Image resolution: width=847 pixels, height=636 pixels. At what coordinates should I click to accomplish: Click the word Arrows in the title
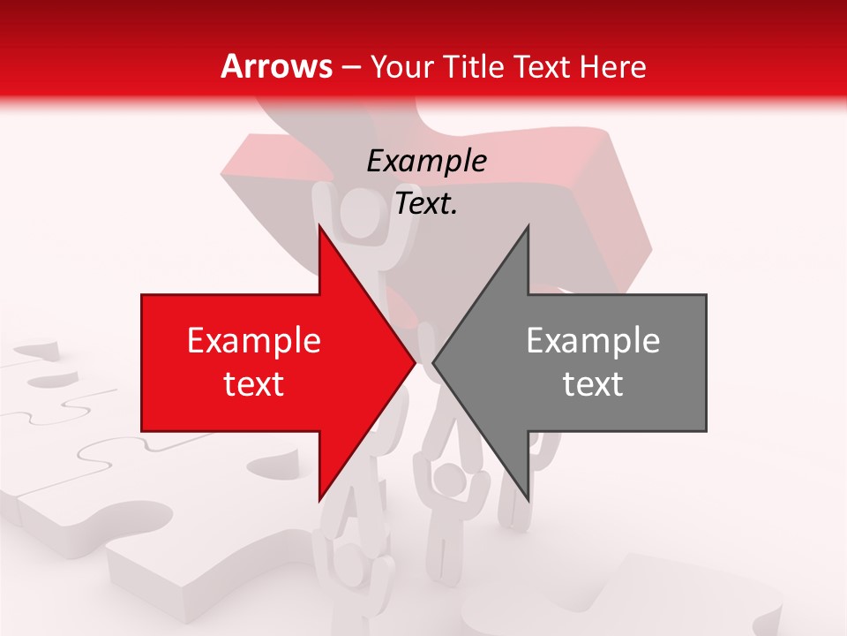coord(276,66)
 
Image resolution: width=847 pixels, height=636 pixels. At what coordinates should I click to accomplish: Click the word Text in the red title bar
coord(543,66)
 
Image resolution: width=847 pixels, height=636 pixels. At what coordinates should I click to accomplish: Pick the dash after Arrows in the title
coord(350,67)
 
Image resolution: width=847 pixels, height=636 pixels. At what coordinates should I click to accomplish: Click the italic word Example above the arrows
coord(426,161)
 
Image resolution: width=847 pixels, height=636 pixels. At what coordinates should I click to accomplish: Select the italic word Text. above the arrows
coord(426,204)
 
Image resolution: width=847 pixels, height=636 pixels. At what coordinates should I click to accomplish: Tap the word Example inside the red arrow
coord(254,341)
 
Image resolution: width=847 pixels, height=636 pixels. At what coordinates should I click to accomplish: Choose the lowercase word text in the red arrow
coord(254,384)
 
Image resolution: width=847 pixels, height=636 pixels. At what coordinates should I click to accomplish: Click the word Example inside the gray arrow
coord(593,341)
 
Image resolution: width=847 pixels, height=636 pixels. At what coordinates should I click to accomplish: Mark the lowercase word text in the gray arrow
coord(593,384)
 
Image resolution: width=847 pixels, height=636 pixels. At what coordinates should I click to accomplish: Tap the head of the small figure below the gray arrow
coord(452,482)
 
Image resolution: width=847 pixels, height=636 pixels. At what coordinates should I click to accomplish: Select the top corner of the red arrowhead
coord(319,227)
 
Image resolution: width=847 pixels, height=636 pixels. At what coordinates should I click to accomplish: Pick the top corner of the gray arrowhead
coord(528,227)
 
